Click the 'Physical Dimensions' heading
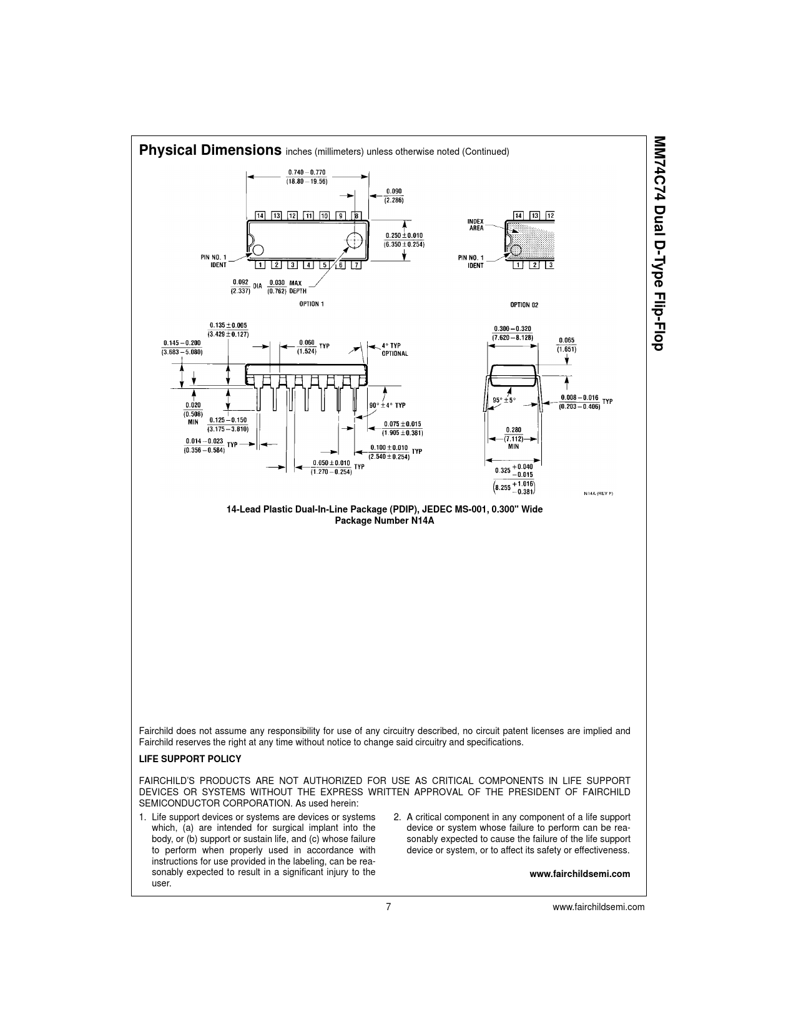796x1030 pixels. tap(210, 150)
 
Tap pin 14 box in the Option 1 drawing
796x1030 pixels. tap(260, 215)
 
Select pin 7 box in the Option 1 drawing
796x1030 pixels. tap(356, 265)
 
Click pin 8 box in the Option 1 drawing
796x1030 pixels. tap(356, 215)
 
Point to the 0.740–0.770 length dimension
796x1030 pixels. tap(307, 177)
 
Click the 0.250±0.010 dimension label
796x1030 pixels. tap(404, 240)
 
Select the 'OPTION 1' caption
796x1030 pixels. tap(312, 304)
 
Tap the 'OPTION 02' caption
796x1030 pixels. tap(524, 305)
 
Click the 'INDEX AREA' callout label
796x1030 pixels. tap(476, 225)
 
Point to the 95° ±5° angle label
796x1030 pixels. tap(504, 400)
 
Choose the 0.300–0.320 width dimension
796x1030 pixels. tap(513, 333)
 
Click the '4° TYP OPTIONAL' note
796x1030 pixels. tap(395, 350)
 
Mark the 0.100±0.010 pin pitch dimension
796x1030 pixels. tap(389, 452)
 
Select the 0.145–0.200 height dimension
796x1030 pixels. tap(182, 348)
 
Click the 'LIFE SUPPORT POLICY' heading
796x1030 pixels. tap(190, 759)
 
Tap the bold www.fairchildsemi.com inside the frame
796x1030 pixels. tap(580, 873)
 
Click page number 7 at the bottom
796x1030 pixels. tap(388, 907)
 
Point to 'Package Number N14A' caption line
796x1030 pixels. tap(385, 521)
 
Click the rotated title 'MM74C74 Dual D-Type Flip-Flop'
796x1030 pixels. tap(659, 243)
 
